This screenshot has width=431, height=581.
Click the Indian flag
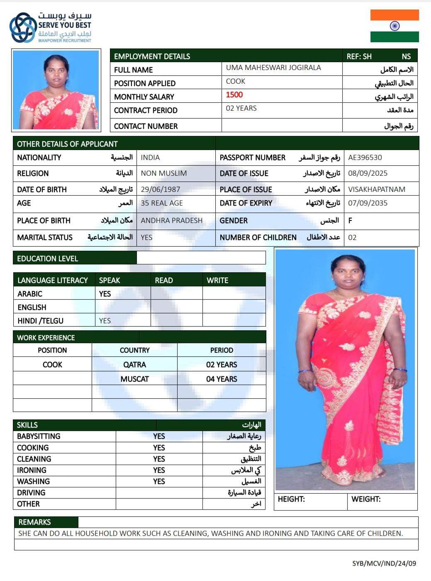[x=394, y=26]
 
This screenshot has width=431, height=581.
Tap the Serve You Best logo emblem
[x=23, y=27]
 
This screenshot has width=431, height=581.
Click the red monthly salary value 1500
[x=234, y=95]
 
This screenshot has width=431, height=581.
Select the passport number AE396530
[x=365, y=157]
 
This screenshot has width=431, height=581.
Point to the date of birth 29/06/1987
[x=161, y=189]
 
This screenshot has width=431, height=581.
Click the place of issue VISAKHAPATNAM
[x=377, y=189]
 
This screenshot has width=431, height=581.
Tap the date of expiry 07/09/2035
[x=368, y=203]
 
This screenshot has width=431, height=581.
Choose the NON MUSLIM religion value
[x=164, y=173]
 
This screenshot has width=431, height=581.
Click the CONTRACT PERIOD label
[x=146, y=111]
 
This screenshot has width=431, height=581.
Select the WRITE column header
[x=217, y=281]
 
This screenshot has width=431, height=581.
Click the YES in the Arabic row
[x=105, y=294]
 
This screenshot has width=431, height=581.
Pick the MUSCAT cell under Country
[x=134, y=379]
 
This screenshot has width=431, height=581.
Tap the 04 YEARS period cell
[x=222, y=379]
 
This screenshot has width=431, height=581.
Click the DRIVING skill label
[x=31, y=493]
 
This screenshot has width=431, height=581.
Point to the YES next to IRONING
[x=159, y=470]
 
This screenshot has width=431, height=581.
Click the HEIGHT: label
[x=291, y=499]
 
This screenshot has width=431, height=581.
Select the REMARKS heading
[x=34, y=522]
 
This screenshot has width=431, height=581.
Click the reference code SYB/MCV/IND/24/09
[x=384, y=563]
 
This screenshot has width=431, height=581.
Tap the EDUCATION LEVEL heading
[x=47, y=259]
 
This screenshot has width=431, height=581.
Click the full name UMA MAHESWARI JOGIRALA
[x=273, y=68]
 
